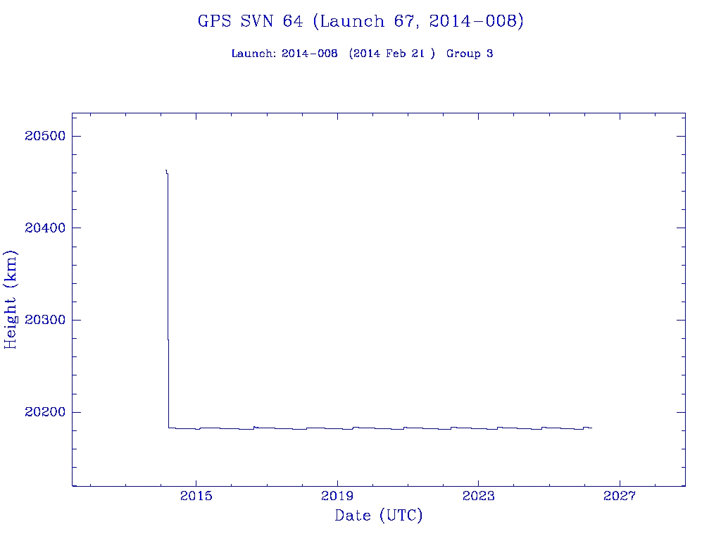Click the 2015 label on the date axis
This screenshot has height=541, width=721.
click(196, 497)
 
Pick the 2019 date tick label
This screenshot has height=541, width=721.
click(337, 497)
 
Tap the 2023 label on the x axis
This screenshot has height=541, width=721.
click(478, 497)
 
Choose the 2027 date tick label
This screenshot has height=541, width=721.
click(619, 497)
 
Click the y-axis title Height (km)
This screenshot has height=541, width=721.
click(11, 299)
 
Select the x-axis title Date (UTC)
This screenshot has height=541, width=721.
click(379, 516)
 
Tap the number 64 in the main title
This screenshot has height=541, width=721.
click(293, 21)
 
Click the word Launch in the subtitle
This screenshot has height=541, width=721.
click(253, 54)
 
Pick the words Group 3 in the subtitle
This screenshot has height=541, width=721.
click(470, 54)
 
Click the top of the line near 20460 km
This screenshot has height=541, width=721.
click(165, 170)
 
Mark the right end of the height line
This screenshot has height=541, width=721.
click(592, 428)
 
